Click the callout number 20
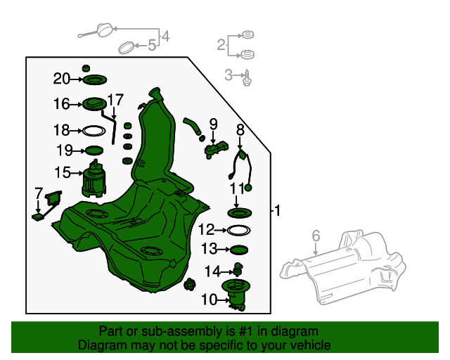pyautogui.click(x=62, y=78)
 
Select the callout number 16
pyautogui.click(x=62, y=104)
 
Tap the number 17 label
pyautogui.click(x=115, y=100)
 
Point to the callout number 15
pyautogui.click(x=62, y=172)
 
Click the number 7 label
pyautogui.click(x=39, y=192)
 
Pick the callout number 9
pyautogui.click(x=213, y=124)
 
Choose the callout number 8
pyautogui.click(x=240, y=129)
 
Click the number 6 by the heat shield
pyautogui.click(x=316, y=236)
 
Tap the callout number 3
pyautogui.click(x=229, y=74)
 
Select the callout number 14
pyautogui.click(x=212, y=271)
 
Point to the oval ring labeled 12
pyautogui.click(x=239, y=230)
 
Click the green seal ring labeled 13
pyautogui.click(x=239, y=249)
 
